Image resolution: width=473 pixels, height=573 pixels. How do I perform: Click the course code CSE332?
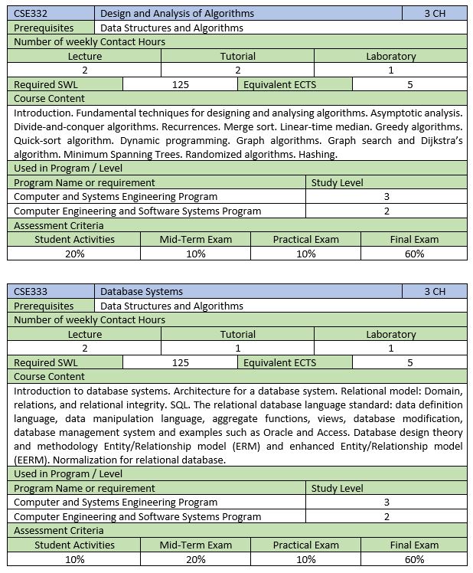(30, 13)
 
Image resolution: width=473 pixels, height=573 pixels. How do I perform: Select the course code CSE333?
(30, 291)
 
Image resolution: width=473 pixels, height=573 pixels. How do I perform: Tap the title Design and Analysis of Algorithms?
(177, 13)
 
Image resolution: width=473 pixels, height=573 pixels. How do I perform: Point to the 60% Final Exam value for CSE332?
(414, 254)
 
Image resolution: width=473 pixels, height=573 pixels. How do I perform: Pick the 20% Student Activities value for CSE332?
(74, 254)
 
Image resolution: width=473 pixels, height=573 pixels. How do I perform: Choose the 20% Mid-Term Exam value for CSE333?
(196, 559)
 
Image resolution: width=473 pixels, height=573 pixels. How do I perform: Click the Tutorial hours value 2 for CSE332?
(237, 70)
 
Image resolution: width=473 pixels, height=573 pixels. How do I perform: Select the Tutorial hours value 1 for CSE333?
(237, 348)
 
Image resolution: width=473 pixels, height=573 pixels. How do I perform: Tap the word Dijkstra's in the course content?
(436, 141)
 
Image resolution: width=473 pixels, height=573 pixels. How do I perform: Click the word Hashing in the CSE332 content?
(316, 154)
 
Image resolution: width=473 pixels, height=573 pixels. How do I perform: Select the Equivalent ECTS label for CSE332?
(279, 84)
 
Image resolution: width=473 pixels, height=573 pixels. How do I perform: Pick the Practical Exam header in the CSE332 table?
(305, 239)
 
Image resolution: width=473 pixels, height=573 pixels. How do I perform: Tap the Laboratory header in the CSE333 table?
(390, 334)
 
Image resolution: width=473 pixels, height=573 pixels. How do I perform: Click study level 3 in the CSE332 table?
(387, 196)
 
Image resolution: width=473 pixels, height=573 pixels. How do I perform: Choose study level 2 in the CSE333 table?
(387, 516)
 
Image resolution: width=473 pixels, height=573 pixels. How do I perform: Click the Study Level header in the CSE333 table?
(337, 488)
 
